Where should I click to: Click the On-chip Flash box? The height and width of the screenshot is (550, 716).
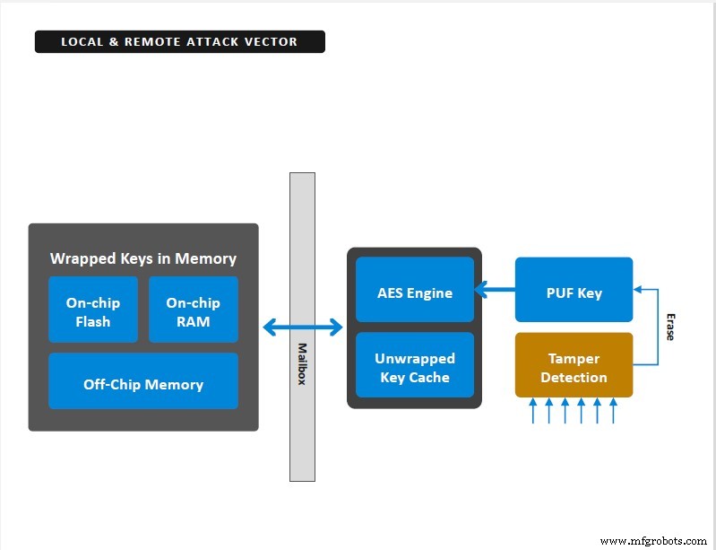point(93,310)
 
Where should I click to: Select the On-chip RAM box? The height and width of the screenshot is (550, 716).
point(194,310)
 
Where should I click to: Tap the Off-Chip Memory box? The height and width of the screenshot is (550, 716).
point(143,380)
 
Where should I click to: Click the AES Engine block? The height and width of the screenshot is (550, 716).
point(415,290)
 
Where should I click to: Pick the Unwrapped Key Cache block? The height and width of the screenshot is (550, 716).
point(415,365)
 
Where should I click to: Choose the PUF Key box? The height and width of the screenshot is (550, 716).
point(574,290)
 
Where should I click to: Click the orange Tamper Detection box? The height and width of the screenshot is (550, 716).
point(574,365)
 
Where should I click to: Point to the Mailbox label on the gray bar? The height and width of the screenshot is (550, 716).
point(302,364)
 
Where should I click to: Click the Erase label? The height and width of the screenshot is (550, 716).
point(670,327)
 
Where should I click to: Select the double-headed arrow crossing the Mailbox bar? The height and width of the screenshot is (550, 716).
point(303,327)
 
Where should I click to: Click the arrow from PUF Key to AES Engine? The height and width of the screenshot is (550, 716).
point(495,290)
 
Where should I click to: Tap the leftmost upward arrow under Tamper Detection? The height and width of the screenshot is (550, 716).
point(533,411)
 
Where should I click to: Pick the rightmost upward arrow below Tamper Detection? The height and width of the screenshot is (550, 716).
point(613,411)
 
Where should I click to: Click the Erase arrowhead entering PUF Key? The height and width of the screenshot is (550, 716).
point(637,290)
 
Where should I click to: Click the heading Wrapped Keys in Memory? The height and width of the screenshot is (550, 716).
point(143,258)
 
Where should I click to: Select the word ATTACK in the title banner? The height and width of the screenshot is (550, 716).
point(212,41)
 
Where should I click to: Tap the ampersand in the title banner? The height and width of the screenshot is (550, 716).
point(114,41)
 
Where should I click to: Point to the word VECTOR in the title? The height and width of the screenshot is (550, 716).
point(271,41)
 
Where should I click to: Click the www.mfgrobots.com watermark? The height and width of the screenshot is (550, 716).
point(653,541)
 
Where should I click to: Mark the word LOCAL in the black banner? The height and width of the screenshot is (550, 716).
point(82,41)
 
